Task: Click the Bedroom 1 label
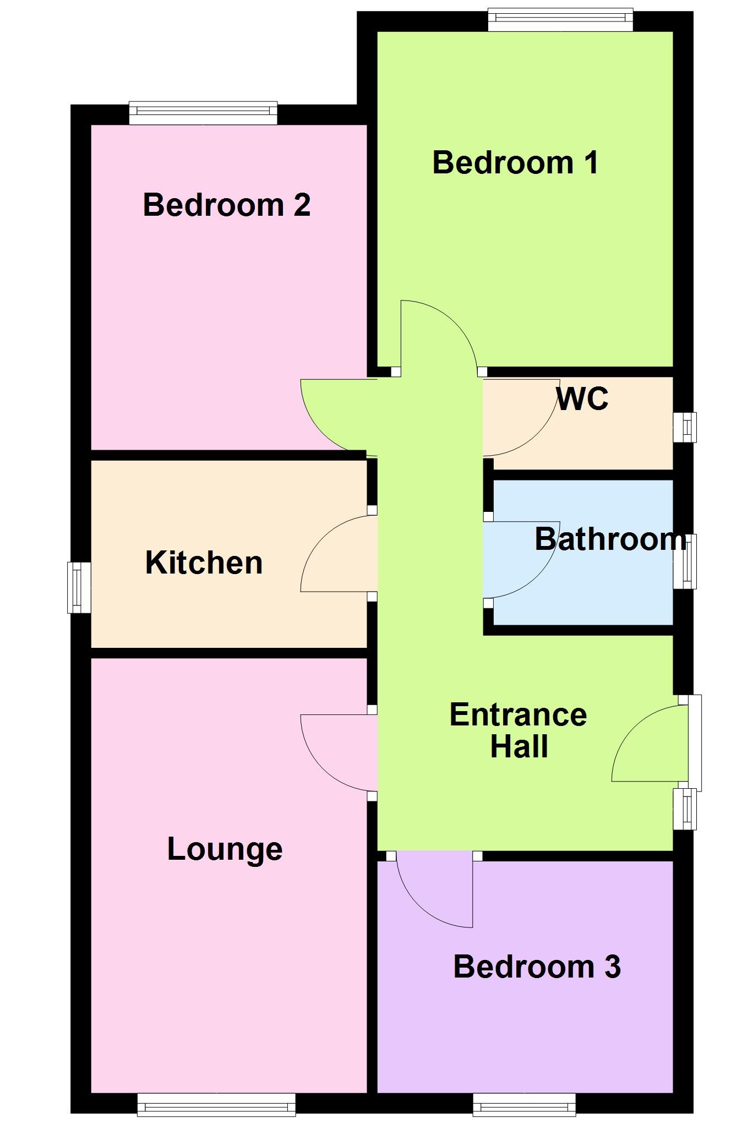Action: point(515,163)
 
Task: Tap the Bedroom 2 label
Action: point(227,205)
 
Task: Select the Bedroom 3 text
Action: point(537,967)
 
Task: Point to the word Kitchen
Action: point(204,563)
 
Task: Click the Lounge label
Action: point(225,849)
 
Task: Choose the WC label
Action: point(582,398)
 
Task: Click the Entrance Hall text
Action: point(519,730)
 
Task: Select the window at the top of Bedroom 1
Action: point(560,20)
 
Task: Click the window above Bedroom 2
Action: point(203,113)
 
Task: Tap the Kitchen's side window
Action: point(79,587)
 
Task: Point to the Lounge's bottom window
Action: point(216,1105)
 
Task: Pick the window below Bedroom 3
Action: point(524,1105)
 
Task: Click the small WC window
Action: point(685,427)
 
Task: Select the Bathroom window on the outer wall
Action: point(685,561)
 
